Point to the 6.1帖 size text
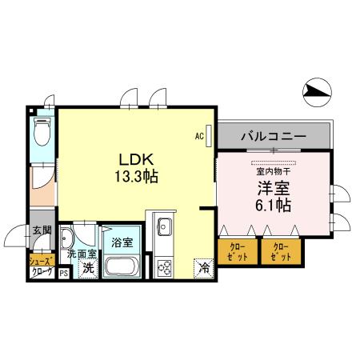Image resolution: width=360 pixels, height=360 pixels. [272, 205]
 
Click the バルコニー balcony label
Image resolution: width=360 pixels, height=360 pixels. [272, 137]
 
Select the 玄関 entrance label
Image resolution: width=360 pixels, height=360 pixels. [41, 231]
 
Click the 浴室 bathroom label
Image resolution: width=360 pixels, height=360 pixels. [122, 241]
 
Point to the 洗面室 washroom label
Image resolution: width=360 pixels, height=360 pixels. [81, 254]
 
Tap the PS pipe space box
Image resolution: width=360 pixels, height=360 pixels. [63, 272]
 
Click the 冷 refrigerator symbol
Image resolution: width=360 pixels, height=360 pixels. [205, 269]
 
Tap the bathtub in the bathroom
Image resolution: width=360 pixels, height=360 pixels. [122, 266]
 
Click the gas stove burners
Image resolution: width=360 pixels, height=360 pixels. [165, 267]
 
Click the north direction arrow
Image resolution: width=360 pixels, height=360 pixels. [318, 94]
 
